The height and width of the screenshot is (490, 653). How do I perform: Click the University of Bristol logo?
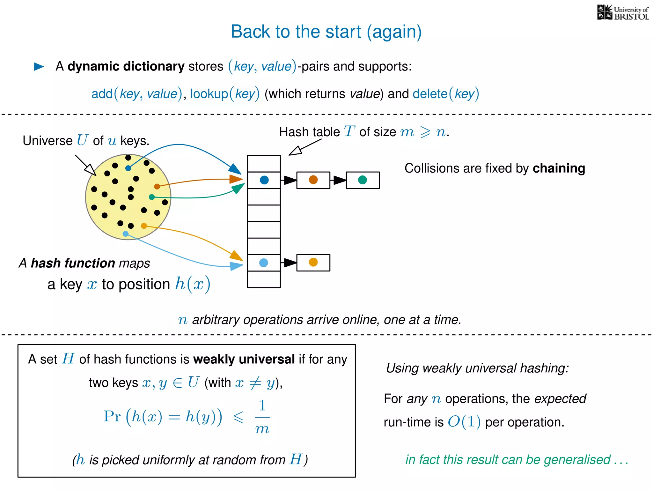click(x=623, y=13)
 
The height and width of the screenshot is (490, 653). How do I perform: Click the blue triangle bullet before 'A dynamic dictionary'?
click(x=39, y=66)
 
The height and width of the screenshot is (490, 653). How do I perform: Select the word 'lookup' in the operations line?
click(x=209, y=94)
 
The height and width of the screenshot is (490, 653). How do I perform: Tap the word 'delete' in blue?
click(x=430, y=94)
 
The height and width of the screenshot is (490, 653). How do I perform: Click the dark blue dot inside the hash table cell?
click(x=264, y=180)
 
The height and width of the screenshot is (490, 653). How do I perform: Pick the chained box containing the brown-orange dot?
click(x=313, y=180)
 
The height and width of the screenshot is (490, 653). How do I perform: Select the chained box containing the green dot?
click(x=363, y=180)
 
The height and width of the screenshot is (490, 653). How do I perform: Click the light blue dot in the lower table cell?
click(x=264, y=263)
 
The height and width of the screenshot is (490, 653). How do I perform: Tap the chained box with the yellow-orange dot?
click(x=313, y=263)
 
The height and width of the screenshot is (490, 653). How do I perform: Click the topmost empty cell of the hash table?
click(x=264, y=164)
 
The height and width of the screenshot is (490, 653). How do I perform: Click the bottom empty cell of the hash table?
click(x=264, y=279)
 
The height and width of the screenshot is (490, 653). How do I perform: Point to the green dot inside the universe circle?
click(x=152, y=197)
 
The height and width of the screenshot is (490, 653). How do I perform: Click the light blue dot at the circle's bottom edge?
click(x=126, y=234)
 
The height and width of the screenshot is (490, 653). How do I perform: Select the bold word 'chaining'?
click(x=559, y=168)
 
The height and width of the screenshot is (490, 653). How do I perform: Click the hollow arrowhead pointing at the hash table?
click(x=295, y=151)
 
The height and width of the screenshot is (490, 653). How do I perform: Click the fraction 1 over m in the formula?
click(x=262, y=417)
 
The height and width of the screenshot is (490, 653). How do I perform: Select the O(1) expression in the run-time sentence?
click(x=464, y=422)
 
